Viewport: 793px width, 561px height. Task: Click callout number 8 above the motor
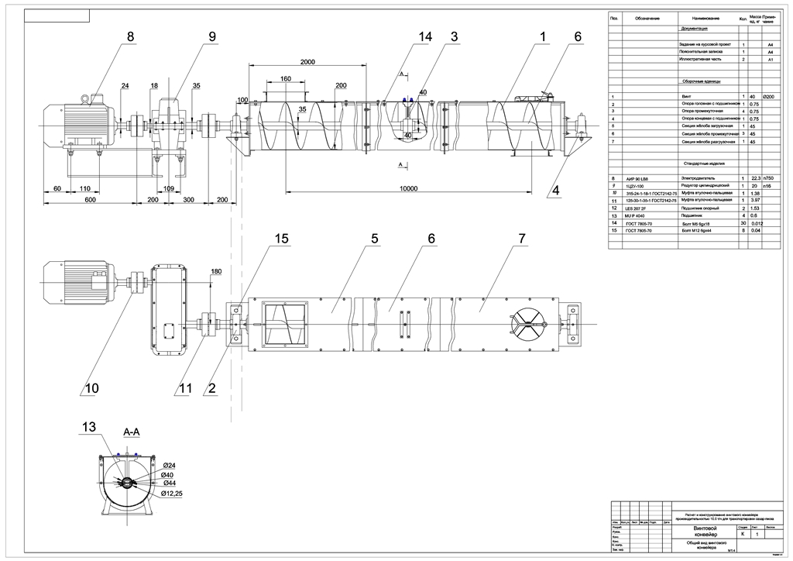click(x=130, y=36)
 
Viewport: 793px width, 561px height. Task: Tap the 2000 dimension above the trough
click(x=307, y=62)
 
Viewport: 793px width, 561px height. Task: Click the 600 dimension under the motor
click(x=91, y=200)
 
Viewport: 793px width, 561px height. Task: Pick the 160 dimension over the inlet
click(x=286, y=79)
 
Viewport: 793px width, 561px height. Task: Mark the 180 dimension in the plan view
click(x=216, y=271)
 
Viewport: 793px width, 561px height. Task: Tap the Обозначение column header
click(x=647, y=19)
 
